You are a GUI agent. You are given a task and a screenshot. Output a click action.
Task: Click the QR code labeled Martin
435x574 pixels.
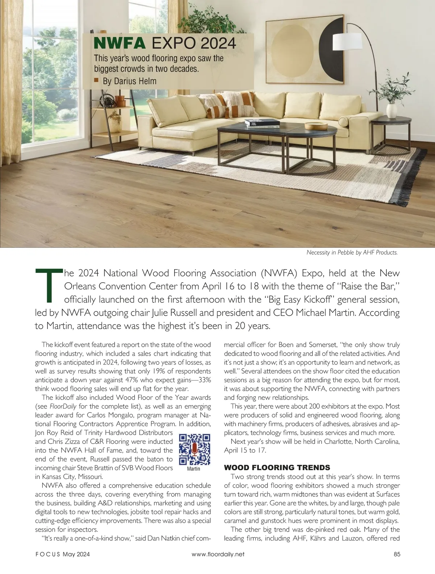pyautogui.click(x=195, y=449)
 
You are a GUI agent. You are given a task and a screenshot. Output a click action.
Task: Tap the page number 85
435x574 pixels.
pyautogui.click(x=396, y=554)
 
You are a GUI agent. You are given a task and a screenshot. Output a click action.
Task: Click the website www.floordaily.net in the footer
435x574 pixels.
pyautogui.click(x=218, y=554)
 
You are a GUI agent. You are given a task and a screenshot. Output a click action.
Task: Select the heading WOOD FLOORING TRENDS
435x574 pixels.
pyautogui.click(x=277, y=467)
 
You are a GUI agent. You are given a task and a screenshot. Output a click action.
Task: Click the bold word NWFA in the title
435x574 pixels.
pyautogui.click(x=120, y=43)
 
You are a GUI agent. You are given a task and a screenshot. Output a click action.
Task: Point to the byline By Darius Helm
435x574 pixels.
pyautogui.click(x=129, y=81)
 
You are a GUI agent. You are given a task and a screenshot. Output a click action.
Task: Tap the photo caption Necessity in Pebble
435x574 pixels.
pyautogui.click(x=352, y=253)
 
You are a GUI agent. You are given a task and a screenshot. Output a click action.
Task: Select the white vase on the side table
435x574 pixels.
pyautogui.click(x=391, y=110)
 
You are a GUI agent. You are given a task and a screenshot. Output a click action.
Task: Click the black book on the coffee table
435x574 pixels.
pyautogui.click(x=262, y=123)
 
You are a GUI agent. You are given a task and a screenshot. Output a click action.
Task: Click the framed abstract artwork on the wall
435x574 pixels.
pyautogui.click(x=304, y=50)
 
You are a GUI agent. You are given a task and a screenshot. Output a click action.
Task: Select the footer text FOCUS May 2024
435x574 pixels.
pyautogui.click(x=62, y=554)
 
